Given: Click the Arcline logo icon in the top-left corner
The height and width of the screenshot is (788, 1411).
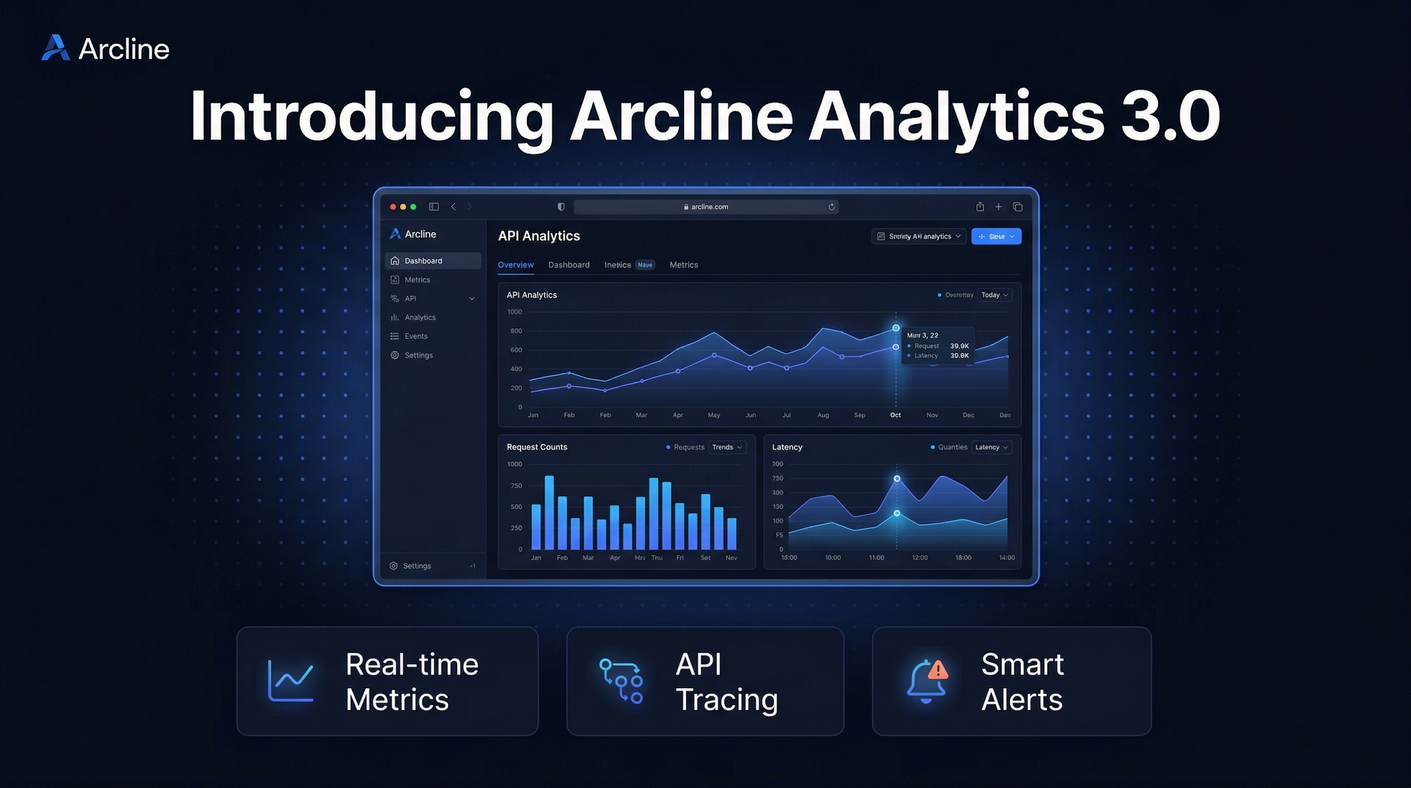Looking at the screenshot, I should (56, 48).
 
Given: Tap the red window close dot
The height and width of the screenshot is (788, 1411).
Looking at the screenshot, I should (393, 207).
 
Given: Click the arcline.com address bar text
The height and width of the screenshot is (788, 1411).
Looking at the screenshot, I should (709, 207).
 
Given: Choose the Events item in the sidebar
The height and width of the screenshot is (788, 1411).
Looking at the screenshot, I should (416, 336).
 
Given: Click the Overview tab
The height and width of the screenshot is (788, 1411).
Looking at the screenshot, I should (515, 265).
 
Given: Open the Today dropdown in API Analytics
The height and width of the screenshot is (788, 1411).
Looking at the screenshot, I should (994, 295).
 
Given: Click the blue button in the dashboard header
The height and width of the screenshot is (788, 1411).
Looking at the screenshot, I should (996, 236).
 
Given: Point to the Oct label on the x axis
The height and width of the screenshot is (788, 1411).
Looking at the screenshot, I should (895, 415).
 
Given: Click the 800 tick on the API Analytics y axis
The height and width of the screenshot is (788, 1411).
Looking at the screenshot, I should (516, 331).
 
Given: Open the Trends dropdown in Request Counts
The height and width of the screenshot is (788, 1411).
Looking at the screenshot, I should (727, 447).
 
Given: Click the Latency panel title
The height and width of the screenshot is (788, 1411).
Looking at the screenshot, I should (787, 447).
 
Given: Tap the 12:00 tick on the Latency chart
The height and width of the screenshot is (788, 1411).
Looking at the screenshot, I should (920, 557).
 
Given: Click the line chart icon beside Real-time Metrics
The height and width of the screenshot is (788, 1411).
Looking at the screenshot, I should (290, 681).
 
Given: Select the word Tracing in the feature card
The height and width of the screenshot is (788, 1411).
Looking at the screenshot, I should (727, 699).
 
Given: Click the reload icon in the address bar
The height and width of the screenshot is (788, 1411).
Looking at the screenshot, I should (831, 207).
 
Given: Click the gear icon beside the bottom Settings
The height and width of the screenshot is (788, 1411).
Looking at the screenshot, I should (393, 565).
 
